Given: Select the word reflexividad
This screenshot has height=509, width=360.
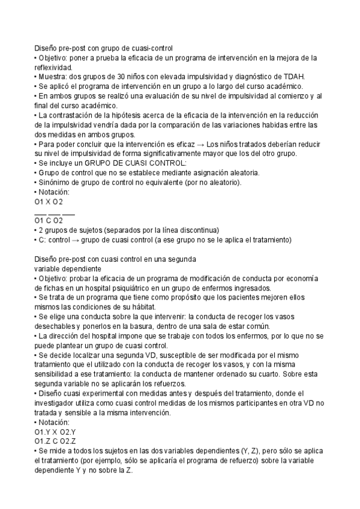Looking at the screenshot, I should tap(53, 67).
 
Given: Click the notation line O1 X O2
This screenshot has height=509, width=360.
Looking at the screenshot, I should tap(49, 202).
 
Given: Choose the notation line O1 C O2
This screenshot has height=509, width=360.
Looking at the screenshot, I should tap(49, 220).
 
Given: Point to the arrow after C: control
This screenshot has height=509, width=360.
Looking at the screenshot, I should tap(86, 239).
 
